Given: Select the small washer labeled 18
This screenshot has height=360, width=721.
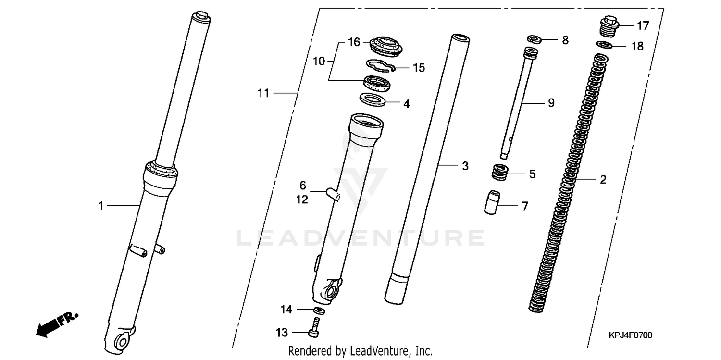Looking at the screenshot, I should (603, 45).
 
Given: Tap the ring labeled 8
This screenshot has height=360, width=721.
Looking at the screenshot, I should (534, 39).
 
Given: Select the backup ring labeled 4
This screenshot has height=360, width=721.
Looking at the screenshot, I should (373, 100).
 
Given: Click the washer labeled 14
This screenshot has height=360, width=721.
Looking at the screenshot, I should (318, 310).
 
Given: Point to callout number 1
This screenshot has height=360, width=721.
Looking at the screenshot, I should (101, 206).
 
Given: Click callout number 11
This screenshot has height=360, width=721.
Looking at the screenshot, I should (263, 93).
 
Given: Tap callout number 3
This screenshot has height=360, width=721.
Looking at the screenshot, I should (465, 166).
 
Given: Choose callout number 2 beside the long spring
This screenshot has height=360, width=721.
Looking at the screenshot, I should (603, 180).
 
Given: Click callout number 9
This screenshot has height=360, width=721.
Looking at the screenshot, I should (551, 102).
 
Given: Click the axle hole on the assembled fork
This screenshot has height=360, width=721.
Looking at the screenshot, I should (120, 343).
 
